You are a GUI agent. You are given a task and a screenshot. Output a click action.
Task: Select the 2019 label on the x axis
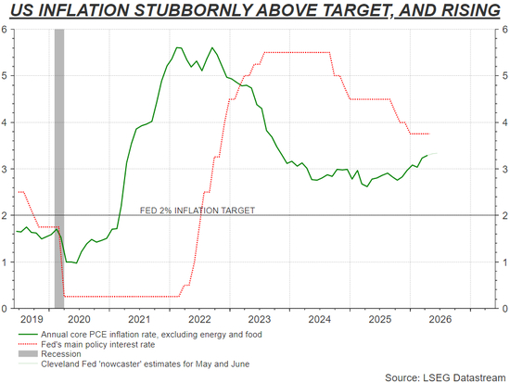pos(32,319)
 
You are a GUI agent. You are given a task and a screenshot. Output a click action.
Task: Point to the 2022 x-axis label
pos(199,319)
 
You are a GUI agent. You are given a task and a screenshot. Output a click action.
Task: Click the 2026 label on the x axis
pos(440,319)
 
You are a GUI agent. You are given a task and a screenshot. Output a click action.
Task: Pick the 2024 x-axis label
pos(320,319)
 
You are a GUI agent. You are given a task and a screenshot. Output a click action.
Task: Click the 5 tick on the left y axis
pos(5,76)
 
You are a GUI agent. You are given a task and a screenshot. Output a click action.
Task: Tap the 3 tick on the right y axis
pos(504,169)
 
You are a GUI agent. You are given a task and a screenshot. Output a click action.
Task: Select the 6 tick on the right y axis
pos(504,30)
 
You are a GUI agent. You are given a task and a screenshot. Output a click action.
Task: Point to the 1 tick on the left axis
pos(5,262)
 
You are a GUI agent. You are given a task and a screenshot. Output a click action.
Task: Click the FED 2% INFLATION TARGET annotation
pos(198,211)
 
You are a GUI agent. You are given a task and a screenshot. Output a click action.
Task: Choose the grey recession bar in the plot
pos(59,169)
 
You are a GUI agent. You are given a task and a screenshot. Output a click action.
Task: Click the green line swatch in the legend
pos(28,335)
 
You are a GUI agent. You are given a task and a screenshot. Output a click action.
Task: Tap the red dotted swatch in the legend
pos(28,344)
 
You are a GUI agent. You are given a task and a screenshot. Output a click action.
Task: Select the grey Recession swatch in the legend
pos(28,353)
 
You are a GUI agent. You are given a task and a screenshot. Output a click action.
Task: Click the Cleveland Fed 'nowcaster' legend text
pos(145,364)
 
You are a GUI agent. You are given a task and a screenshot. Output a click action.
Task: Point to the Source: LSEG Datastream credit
pos(445,377)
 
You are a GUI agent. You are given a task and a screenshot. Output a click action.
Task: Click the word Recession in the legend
pos(61,354)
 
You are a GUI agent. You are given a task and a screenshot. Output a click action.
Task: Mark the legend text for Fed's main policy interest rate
pos(98,344)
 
